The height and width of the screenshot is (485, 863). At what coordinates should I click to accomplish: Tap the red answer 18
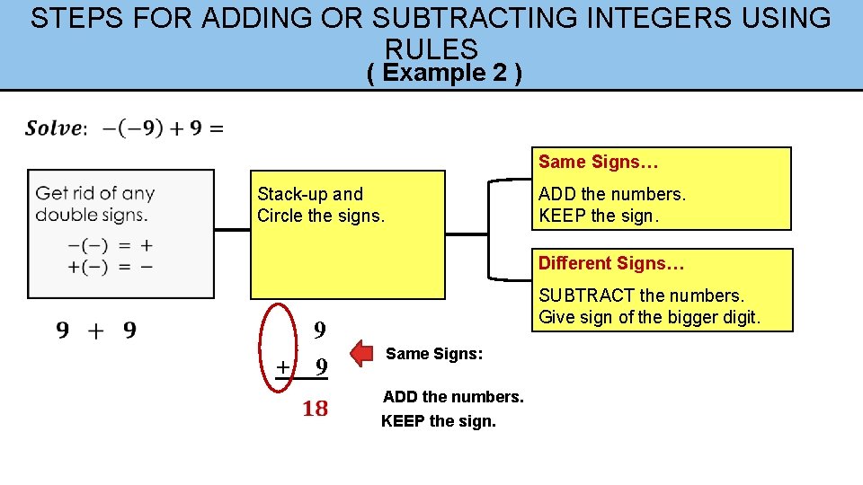[x=315, y=410]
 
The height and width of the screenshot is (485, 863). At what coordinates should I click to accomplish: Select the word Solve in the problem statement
[x=53, y=128]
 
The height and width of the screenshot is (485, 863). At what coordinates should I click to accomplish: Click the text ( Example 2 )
[x=444, y=73]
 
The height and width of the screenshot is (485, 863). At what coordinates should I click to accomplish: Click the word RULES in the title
[x=431, y=48]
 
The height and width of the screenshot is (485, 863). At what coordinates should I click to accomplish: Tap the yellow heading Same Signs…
[x=598, y=163]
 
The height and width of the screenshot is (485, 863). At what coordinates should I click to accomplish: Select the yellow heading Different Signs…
[x=611, y=263]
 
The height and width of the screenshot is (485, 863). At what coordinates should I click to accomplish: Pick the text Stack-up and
[x=310, y=194]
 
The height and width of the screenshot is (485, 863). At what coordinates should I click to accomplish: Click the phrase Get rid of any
[x=95, y=193]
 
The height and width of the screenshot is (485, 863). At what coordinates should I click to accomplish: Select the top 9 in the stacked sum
[x=319, y=331]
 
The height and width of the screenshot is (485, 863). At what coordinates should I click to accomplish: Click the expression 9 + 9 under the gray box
[x=96, y=331]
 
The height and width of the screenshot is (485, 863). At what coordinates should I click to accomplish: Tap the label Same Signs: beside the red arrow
[x=434, y=354]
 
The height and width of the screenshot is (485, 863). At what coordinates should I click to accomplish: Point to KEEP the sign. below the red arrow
[x=438, y=420]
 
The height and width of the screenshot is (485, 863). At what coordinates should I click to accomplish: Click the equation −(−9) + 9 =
[x=163, y=128]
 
